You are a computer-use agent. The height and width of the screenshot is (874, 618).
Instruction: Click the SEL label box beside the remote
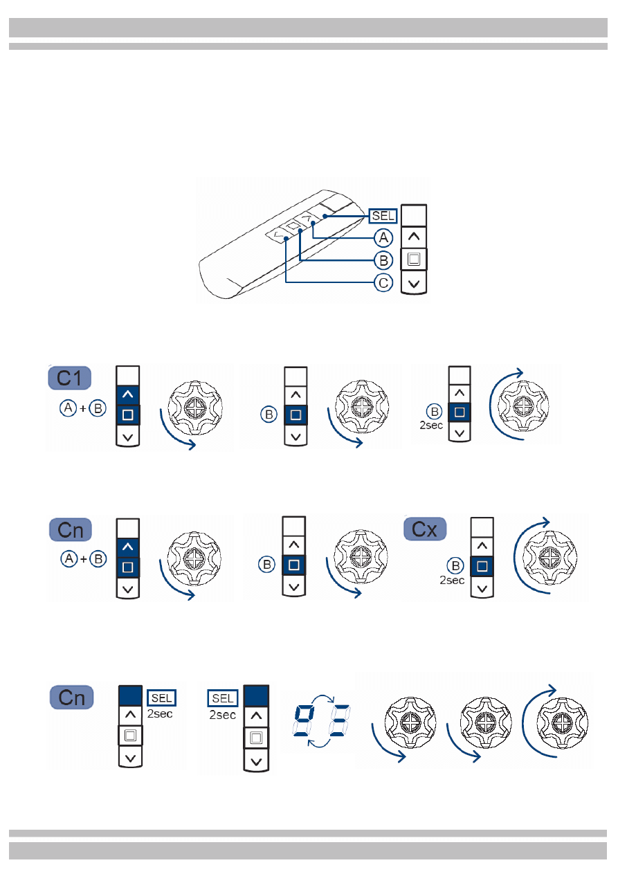pyautogui.click(x=383, y=216)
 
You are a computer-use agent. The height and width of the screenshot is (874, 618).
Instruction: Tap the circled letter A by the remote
pyautogui.click(x=383, y=237)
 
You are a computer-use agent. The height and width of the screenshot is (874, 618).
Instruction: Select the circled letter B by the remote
pyautogui.click(x=383, y=260)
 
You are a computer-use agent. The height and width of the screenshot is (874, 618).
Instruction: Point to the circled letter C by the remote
pyautogui.click(x=383, y=283)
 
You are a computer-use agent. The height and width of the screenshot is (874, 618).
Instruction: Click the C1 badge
pyautogui.click(x=69, y=378)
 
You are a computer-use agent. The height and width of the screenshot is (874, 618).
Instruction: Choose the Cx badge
pyautogui.click(x=425, y=529)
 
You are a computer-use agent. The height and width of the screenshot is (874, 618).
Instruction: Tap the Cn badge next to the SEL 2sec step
pyautogui.click(x=71, y=698)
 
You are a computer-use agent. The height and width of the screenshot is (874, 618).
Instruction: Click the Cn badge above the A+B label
pyautogui.click(x=70, y=530)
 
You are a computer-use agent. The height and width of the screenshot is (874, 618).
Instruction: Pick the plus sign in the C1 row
pyautogui.click(x=83, y=408)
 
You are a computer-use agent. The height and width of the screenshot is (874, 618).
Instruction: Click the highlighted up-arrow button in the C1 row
pyautogui.click(x=127, y=394)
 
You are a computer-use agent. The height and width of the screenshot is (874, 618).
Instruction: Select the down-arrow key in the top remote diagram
pyautogui.click(x=414, y=283)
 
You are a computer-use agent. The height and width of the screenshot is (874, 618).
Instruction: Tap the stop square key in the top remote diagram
pyautogui.click(x=414, y=259)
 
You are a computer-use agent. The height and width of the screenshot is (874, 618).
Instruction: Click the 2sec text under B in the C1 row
pyautogui.click(x=431, y=426)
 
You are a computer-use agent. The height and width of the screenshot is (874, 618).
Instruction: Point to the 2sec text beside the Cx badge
pyautogui.click(x=452, y=581)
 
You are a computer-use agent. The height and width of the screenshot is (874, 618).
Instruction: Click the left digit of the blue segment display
pyautogui.click(x=302, y=720)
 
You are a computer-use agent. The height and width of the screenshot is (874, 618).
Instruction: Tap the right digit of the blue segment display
pyautogui.click(x=339, y=720)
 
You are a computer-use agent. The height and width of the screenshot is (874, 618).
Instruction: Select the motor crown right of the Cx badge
pyautogui.click(x=549, y=558)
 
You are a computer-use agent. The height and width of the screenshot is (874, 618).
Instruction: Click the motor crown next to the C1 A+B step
pyautogui.click(x=195, y=408)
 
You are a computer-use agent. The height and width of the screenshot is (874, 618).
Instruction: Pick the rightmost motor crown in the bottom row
pyautogui.click(x=562, y=722)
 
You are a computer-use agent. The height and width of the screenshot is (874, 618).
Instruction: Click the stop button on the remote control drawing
pyautogui.click(x=293, y=226)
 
